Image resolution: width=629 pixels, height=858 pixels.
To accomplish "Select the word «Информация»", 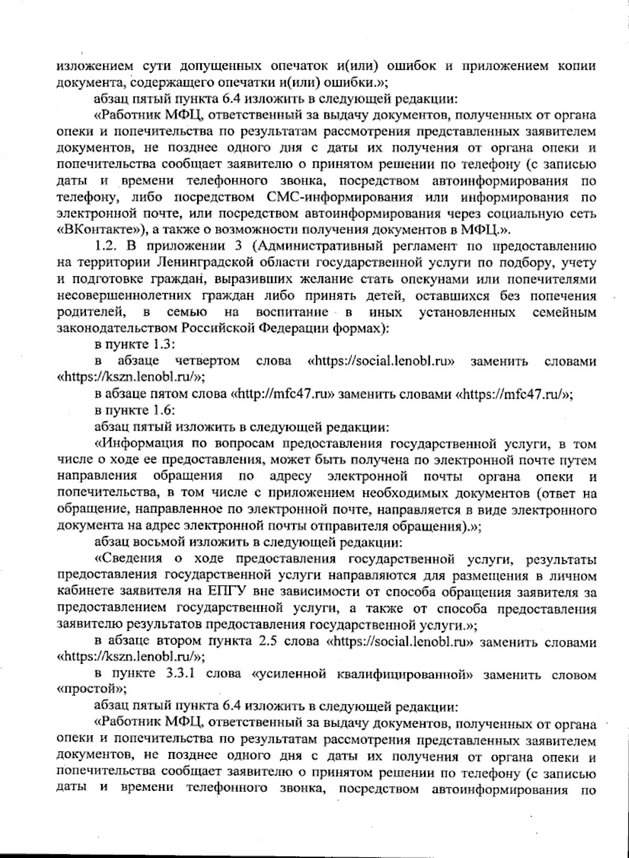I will click(142, 444).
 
